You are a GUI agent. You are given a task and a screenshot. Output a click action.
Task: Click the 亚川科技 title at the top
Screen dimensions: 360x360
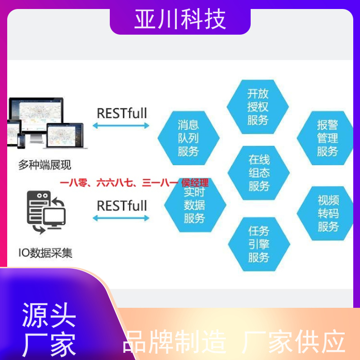click(180, 19)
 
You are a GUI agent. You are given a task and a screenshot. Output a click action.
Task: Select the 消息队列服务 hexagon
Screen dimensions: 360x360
click(189, 138)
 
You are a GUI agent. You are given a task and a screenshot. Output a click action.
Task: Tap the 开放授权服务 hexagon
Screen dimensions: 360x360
click(257, 107)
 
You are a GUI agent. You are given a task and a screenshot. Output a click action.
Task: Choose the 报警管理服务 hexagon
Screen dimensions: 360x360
click(325, 138)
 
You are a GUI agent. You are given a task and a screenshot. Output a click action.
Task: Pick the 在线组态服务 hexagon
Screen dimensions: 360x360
click(258, 173)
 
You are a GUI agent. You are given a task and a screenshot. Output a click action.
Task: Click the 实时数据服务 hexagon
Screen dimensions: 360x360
click(195, 205)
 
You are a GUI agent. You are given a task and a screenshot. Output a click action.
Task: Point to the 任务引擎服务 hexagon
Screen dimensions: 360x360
click(259, 244)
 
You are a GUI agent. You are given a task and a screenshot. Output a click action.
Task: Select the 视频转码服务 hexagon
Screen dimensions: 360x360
click(325, 213)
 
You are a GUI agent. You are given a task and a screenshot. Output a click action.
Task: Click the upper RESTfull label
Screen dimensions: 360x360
click(122, 113)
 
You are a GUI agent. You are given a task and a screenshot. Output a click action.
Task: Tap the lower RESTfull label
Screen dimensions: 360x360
click(122, 206)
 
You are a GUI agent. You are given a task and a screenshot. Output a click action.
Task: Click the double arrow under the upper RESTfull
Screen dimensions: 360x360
click(121, 126)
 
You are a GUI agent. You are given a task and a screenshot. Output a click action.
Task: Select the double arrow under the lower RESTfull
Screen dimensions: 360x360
click(121, 218)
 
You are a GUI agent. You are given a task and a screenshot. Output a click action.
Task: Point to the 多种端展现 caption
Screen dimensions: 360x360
click(45, 165)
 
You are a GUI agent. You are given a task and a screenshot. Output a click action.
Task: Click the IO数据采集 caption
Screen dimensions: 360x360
click(45, 253)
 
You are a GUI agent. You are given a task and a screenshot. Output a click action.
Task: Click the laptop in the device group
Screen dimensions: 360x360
click(65, 136)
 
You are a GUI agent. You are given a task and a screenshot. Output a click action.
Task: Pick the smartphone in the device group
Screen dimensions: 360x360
click(21, 141)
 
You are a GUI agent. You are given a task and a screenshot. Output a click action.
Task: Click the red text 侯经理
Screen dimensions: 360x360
click(195, 183)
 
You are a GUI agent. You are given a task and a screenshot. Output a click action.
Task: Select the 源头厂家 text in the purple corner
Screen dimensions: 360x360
click(49, 329)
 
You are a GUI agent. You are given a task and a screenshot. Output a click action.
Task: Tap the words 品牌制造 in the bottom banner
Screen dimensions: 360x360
click(175, 342)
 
